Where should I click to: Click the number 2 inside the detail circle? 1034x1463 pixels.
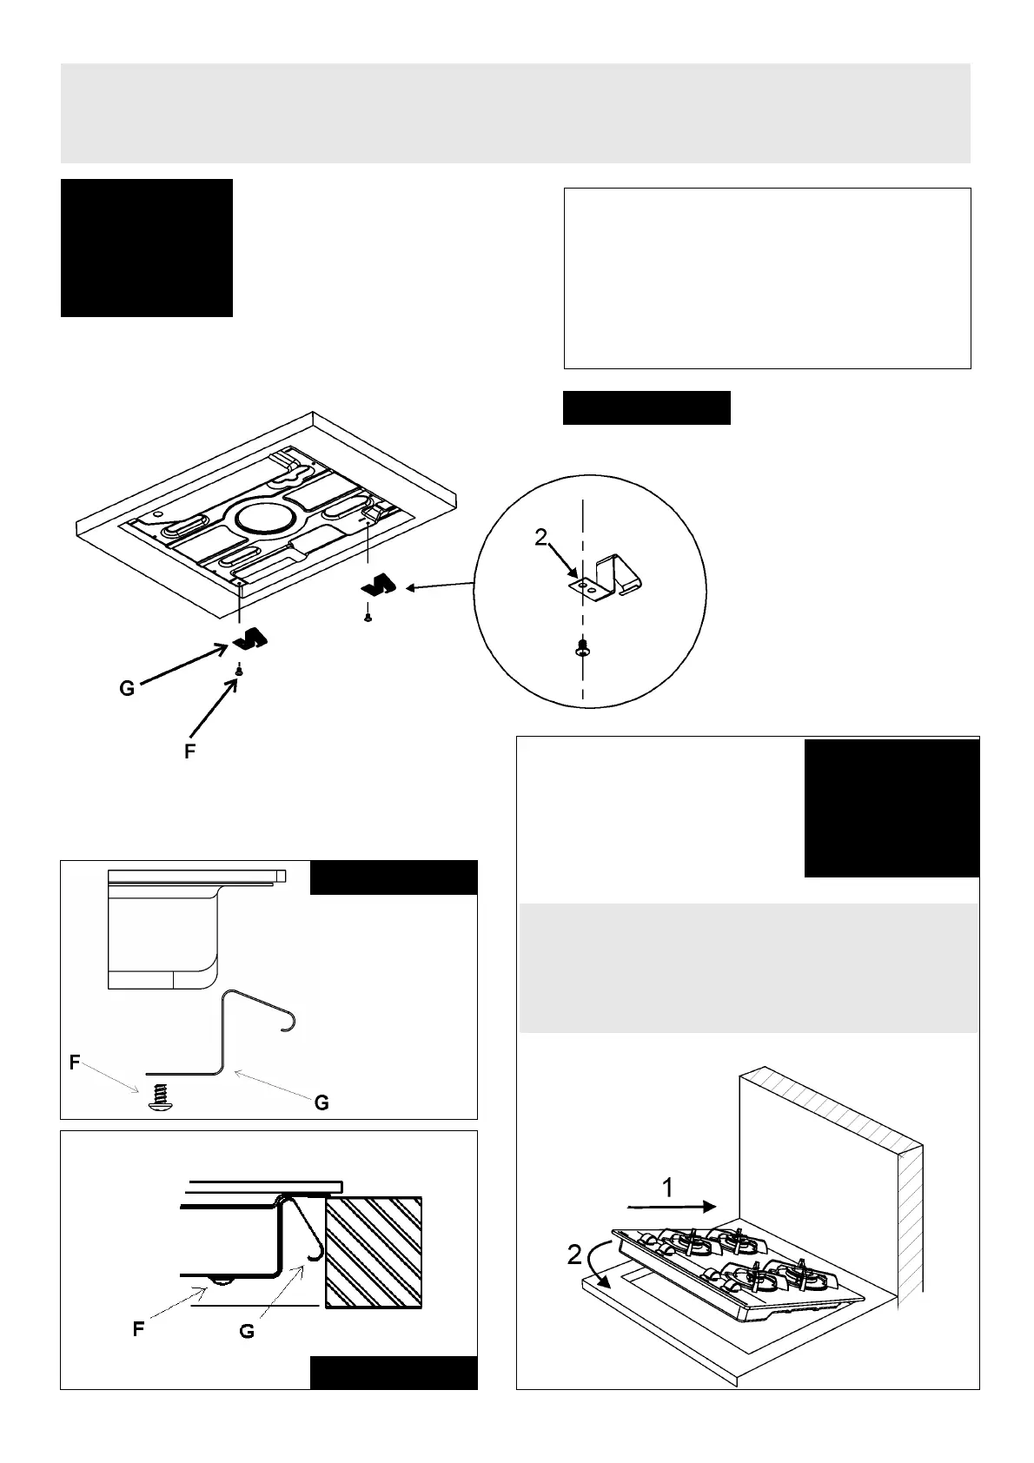tap(540, 538)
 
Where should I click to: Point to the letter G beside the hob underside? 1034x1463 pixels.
tap(127, 690)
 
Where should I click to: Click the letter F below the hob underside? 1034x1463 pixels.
tap(189, 752)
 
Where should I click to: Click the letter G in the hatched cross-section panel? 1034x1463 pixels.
tap(247, 1330)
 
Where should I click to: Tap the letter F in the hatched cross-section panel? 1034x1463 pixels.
tap(138, 1328)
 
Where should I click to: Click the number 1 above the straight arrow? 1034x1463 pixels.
tap(666, 1187)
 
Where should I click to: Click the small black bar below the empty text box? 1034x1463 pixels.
tap(646, 407)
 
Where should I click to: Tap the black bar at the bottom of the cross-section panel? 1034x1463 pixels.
tap(393, 1374)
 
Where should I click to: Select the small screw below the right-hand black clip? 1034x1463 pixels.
tap(368, 618)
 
